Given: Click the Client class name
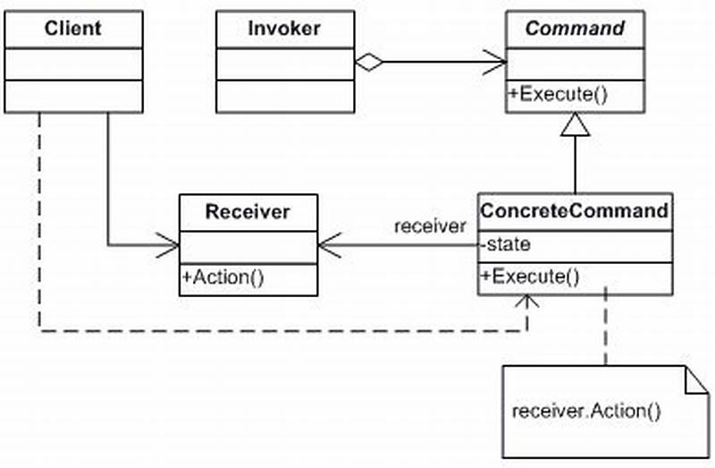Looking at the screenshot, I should [72, 28].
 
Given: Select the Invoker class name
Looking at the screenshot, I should [283, 28].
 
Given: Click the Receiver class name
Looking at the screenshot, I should [248, 212].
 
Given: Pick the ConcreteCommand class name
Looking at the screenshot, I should [574, 211].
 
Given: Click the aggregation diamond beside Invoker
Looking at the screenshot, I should [368, 63].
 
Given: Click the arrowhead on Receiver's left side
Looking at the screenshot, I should [170, 243].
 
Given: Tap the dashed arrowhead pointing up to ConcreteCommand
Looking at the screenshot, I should [527, 305].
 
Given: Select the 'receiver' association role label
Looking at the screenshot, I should [431, 225].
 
